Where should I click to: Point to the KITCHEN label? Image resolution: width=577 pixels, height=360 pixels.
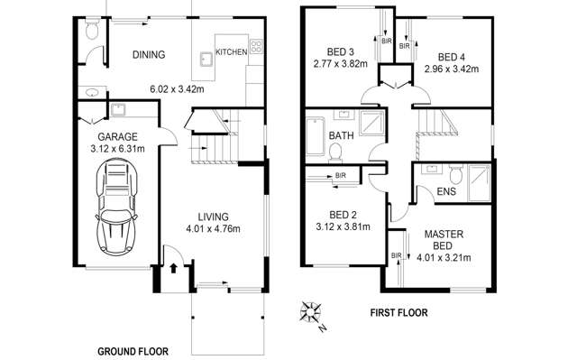[232, 53]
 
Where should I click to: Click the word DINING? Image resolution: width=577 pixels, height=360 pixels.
[149, 55]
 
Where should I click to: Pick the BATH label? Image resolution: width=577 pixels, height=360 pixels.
[341, 136]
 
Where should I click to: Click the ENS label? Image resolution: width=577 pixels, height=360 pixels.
[445, 191]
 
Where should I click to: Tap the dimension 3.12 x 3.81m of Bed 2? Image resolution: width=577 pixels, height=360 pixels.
[337, 227]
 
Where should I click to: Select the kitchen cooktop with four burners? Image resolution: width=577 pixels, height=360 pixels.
[256, 44]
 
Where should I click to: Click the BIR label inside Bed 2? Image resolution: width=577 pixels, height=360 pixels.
[341, 174]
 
